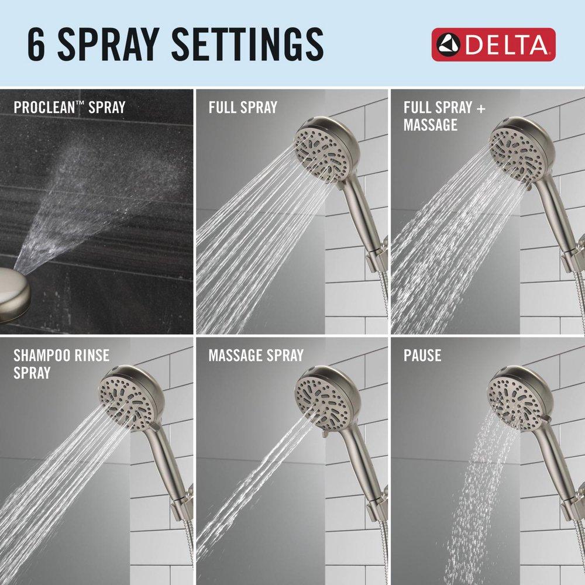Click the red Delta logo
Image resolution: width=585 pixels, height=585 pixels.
coord(493,44)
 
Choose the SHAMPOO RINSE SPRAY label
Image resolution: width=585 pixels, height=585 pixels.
coord(61,363)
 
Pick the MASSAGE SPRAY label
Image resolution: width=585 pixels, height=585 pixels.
coord(256,355)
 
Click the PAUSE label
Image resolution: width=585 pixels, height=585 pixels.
coord(422,355)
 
